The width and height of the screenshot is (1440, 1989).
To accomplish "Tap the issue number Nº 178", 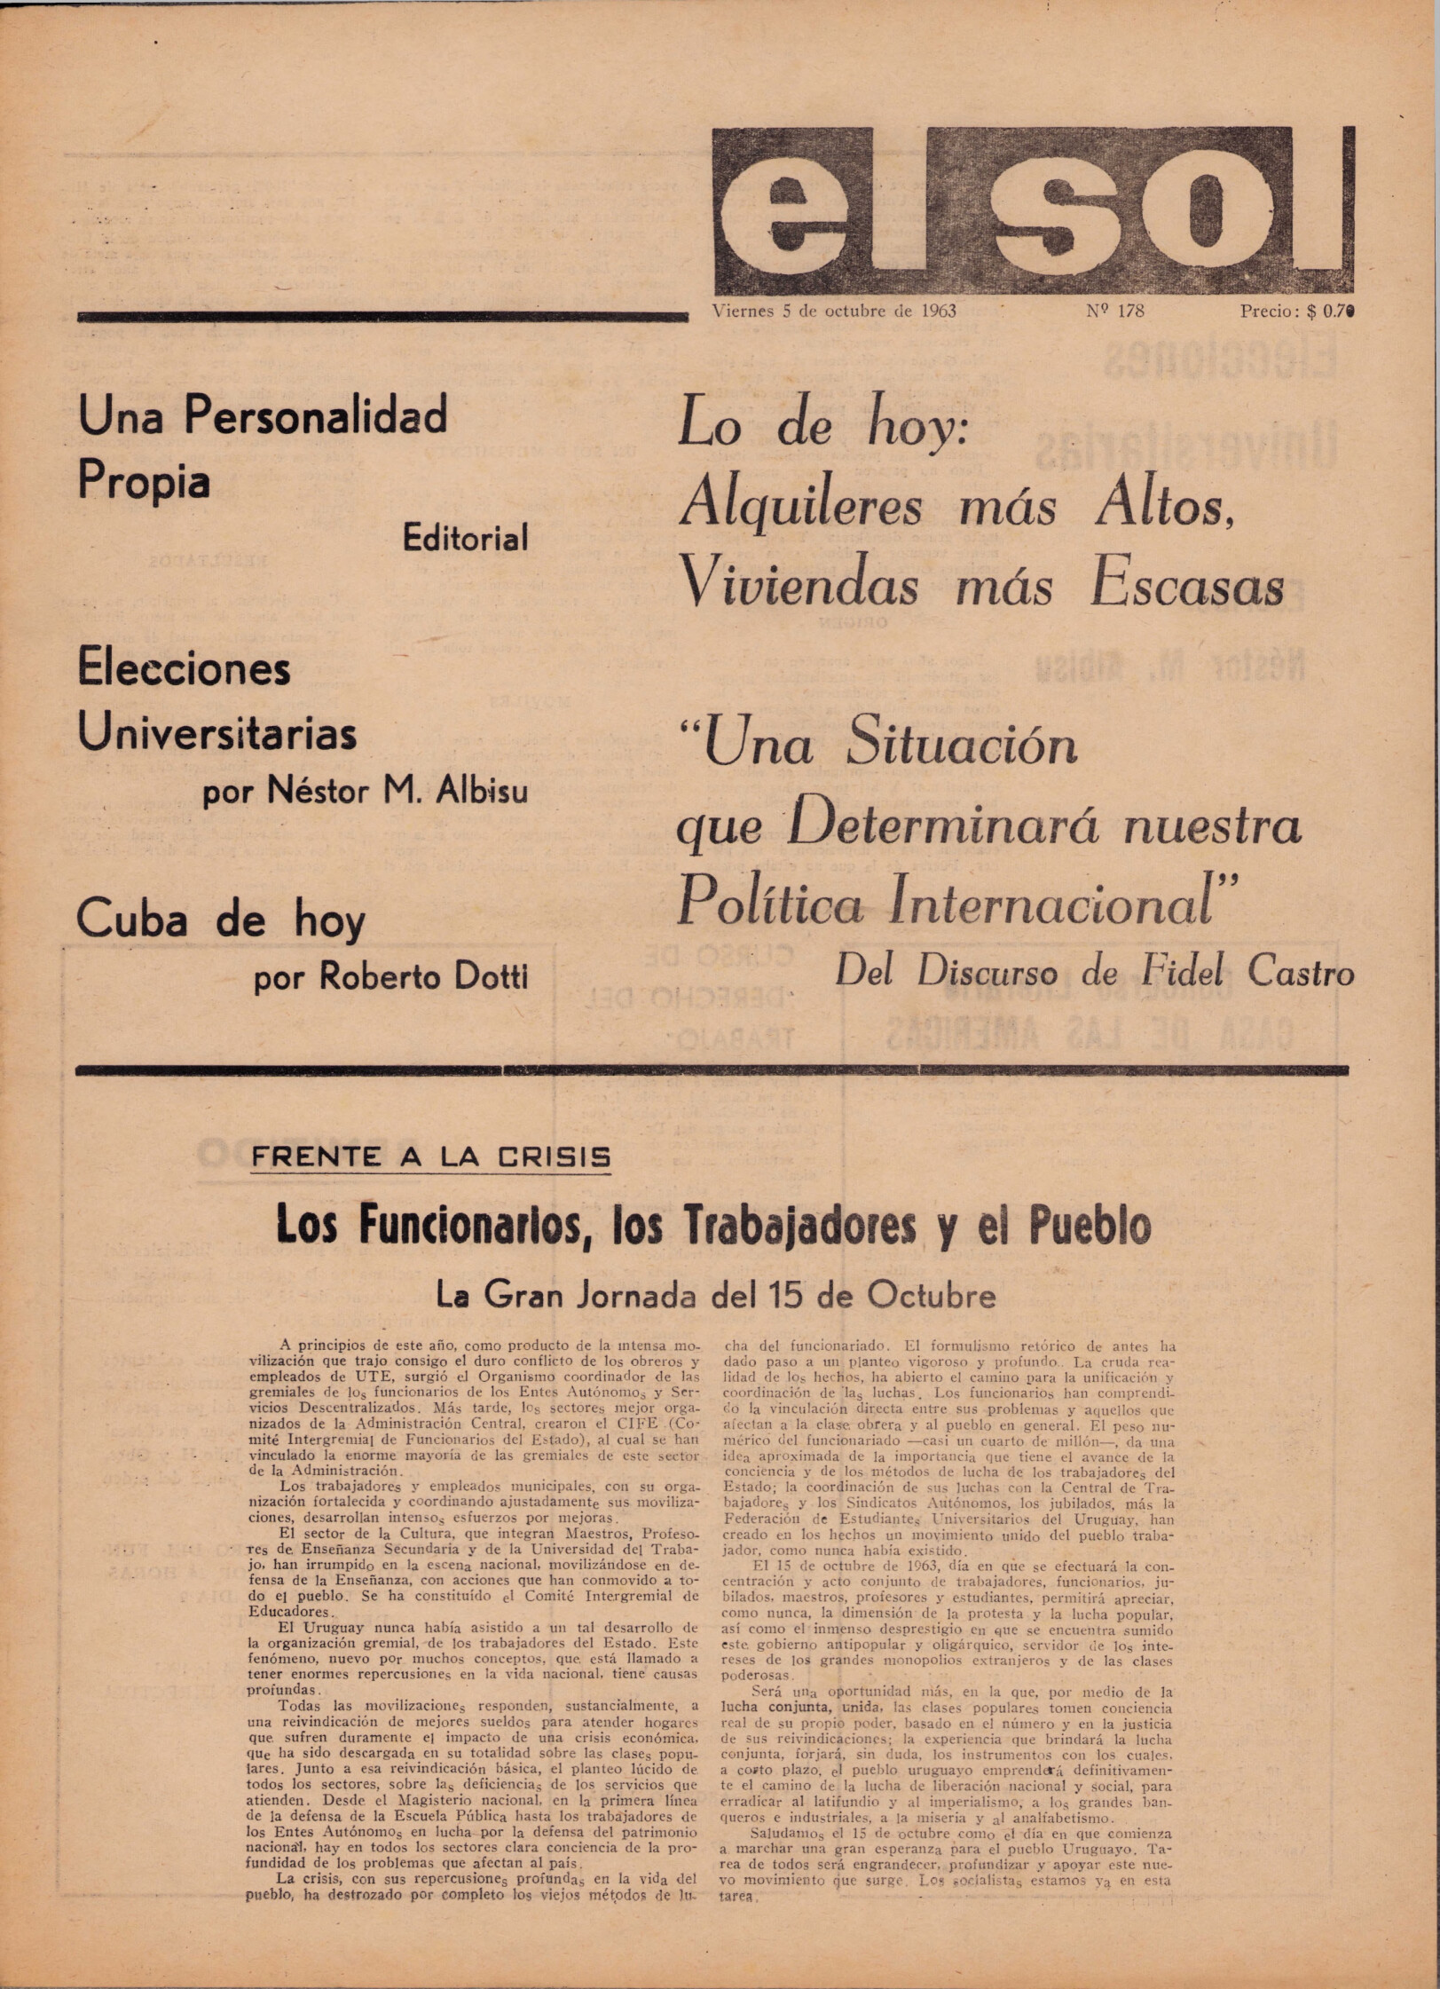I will pos(1114,311).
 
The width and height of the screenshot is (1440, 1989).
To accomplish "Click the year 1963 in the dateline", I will pos(938,311).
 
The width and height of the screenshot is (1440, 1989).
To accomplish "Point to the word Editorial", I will pos(465,538).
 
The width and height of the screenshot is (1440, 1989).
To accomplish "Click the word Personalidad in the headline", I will pos(316,415).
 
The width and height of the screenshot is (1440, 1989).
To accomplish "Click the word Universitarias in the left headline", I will pos(217,734).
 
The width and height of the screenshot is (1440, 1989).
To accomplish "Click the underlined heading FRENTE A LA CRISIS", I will pos(431,1156).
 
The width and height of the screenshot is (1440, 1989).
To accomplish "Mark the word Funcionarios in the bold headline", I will pos(433,1226).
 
